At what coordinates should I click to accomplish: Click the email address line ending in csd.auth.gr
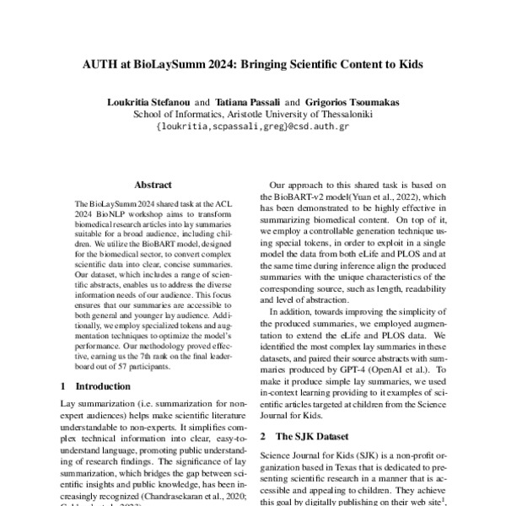(253, 126)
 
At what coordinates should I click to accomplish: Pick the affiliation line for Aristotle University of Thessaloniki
(253, 114)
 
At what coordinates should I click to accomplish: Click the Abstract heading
(153, 185)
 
